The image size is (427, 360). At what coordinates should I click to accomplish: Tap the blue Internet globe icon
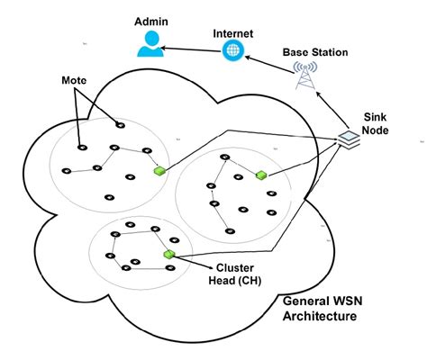pyautogui.click(x=232, y=51)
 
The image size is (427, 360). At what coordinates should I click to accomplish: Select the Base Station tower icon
pyautogui.click(x=308, y=77)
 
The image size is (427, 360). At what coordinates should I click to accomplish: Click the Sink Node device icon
pyautogui.click(x=347, y=138)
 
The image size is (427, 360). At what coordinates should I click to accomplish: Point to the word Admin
pyautogui.click(x=149, y=19)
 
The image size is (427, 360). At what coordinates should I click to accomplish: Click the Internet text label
pyautogui.click(x=232, y=32)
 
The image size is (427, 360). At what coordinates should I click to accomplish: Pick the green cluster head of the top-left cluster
pyautogui.click(x=159, y=171)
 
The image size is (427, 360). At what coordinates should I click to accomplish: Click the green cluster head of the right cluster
pyautogui.click(x=262, y=175)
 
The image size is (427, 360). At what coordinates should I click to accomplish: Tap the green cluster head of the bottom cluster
pyautogui.click(x=168, y=256)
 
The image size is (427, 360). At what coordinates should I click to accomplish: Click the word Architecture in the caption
pyautogui.click(x=319, y=317)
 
